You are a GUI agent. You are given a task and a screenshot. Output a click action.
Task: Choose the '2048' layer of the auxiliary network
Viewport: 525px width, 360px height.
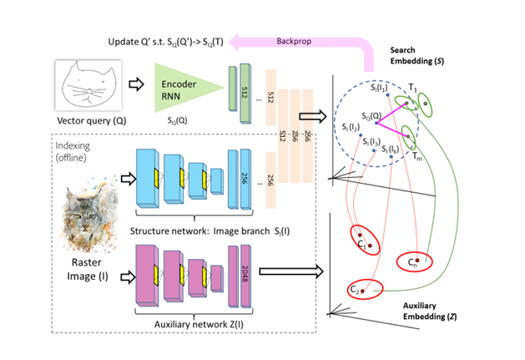pos(245,272)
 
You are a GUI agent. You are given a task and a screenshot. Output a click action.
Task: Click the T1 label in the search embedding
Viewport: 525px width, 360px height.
pos(411,88)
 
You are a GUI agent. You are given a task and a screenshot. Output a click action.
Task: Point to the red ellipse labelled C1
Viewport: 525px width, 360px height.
pos(366,240)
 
